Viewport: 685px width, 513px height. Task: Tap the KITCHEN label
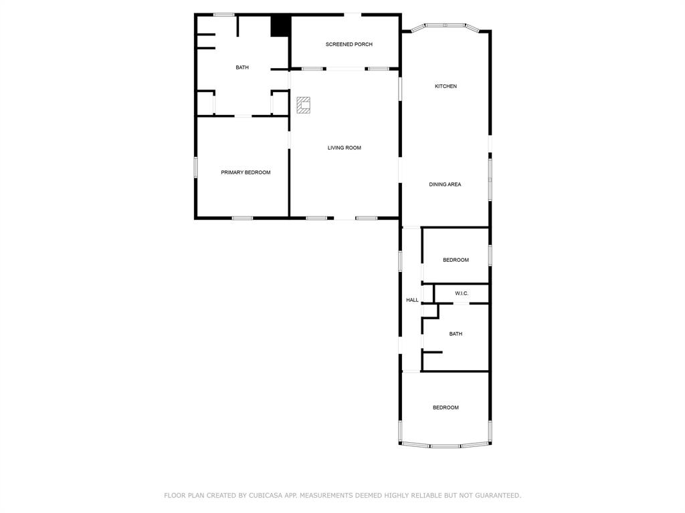446,86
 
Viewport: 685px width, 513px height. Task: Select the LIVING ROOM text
344,148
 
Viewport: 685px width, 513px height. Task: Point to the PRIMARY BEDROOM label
246,172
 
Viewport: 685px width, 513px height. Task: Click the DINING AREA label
445,184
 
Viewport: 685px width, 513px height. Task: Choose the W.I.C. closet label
462,293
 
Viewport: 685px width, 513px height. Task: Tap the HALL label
412,300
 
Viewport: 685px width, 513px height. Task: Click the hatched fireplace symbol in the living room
304,105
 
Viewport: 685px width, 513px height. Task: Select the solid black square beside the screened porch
280,26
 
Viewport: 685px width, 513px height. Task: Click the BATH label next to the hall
456,334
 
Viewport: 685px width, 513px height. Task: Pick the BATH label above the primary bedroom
242,67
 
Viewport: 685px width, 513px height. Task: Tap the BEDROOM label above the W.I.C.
456,260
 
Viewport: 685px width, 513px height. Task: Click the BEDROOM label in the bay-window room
446,407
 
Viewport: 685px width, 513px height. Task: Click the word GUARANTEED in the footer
496,496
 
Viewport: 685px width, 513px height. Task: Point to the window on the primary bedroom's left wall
195,167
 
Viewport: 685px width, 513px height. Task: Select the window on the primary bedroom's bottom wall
242,218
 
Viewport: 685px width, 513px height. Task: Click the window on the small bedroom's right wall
490,254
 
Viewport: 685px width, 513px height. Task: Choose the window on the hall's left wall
400,260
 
